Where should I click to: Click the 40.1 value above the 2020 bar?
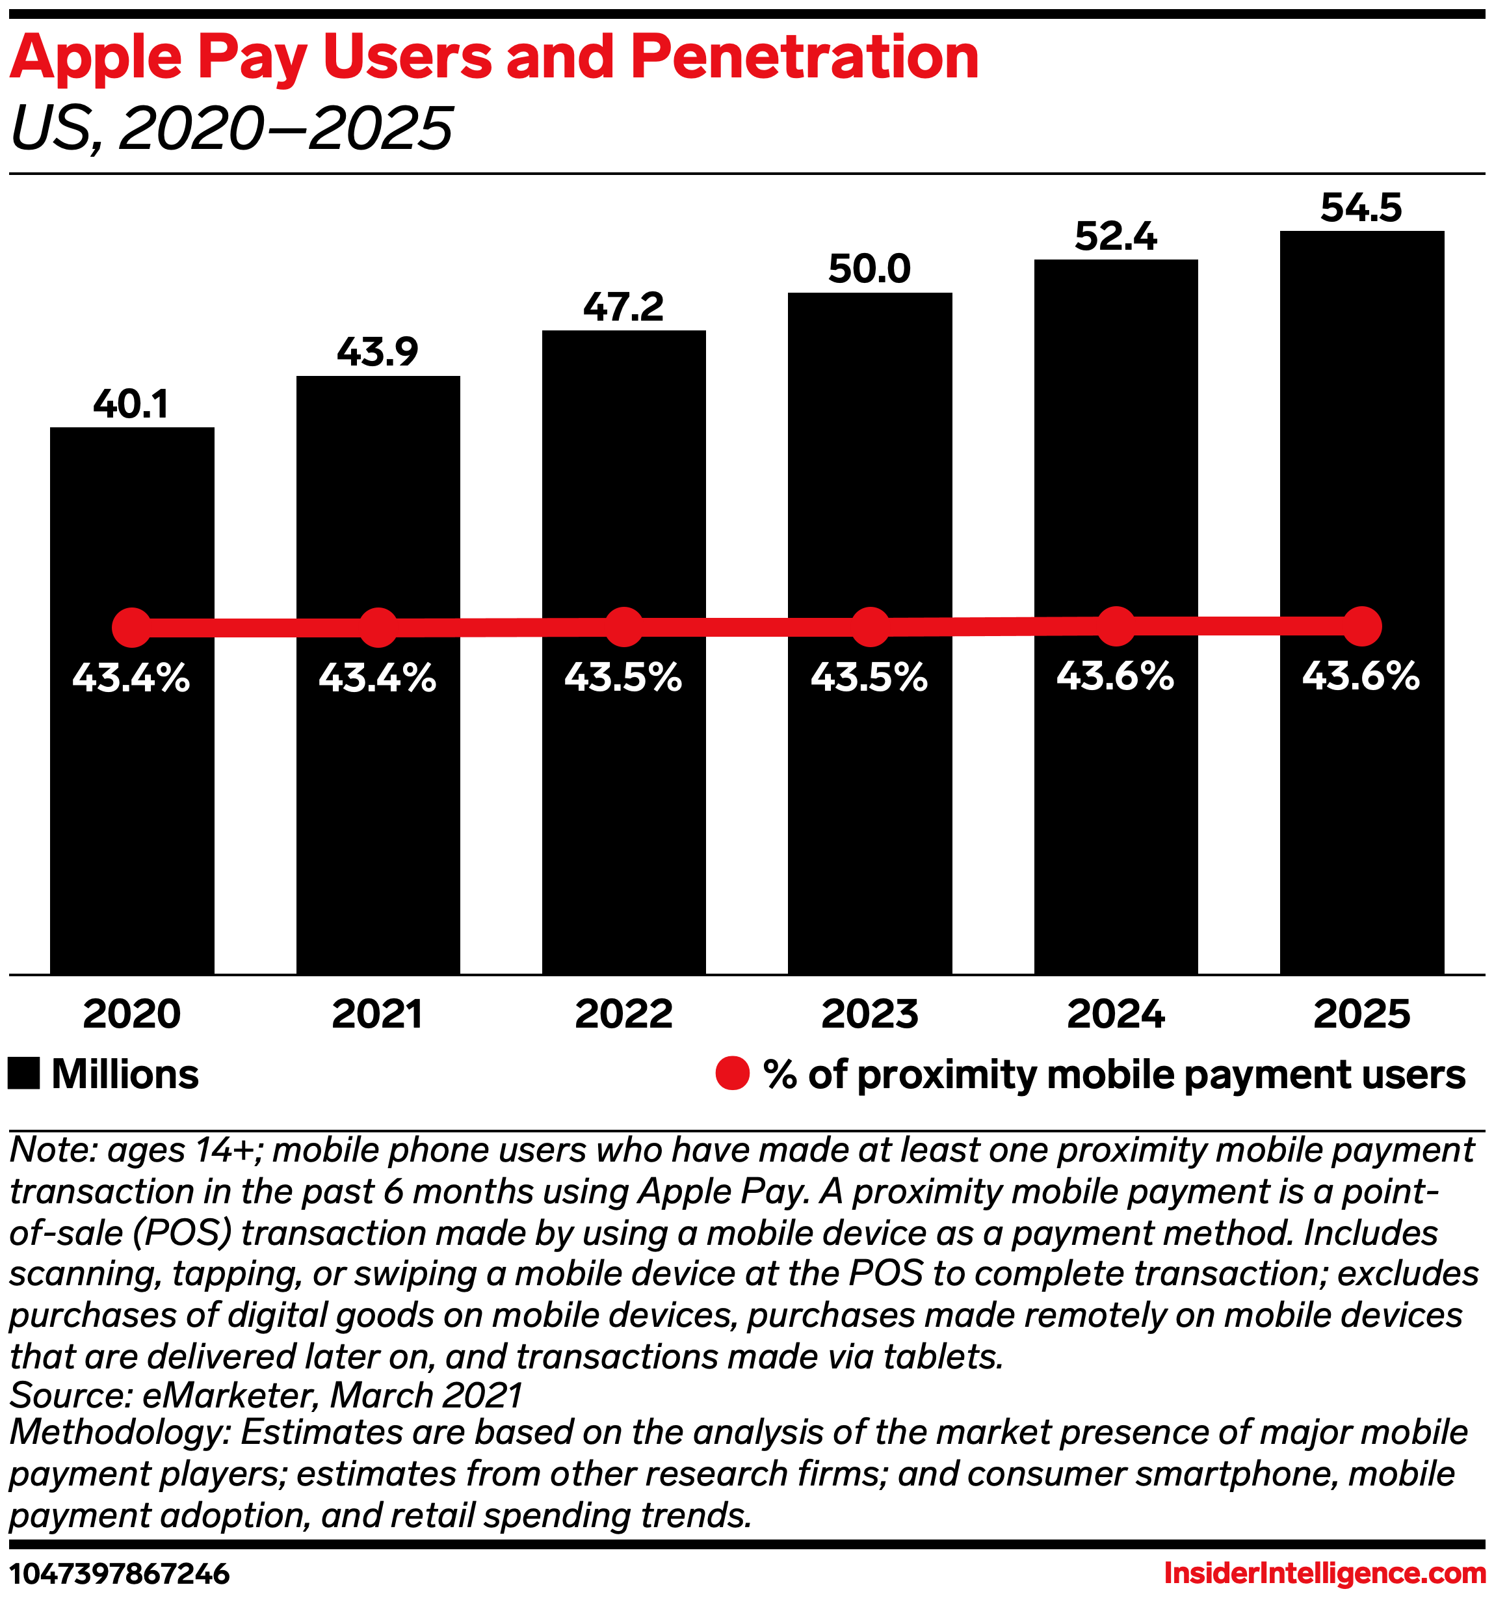pyautogui.click(x=131, y=404)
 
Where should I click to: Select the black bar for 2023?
pyautogui.click(x=870, y=805)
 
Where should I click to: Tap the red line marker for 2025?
pyautogui.click(x=1362, y=626)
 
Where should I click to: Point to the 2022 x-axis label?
pyautogui.click(x=623, y=1014)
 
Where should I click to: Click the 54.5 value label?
pyautogui.click(x=1361, y=207)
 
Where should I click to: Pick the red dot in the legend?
pyautogui.click(x=732, y=1074)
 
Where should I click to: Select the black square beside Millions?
pyautogui.click(x=24, y=1074)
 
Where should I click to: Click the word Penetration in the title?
pyautogui.click(x=804, y=58)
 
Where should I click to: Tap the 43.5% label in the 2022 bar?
pyautogui.click(x=623, y=678)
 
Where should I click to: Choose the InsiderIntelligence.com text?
pyautogui.click(x=1324, y=1573)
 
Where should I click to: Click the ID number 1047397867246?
pyautogui.click(x=120, y=1573)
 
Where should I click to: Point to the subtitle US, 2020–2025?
pyautogui.click(x=231, y=129)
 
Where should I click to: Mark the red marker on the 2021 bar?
pyautogui.click(x=378, y=628)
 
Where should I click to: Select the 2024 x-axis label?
pyautogui.click(x=1116, y=1014)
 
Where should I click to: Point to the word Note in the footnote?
pyautogui.click(x=48, y=1150)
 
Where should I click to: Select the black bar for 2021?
pyautogui.click(x=378, y=805)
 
